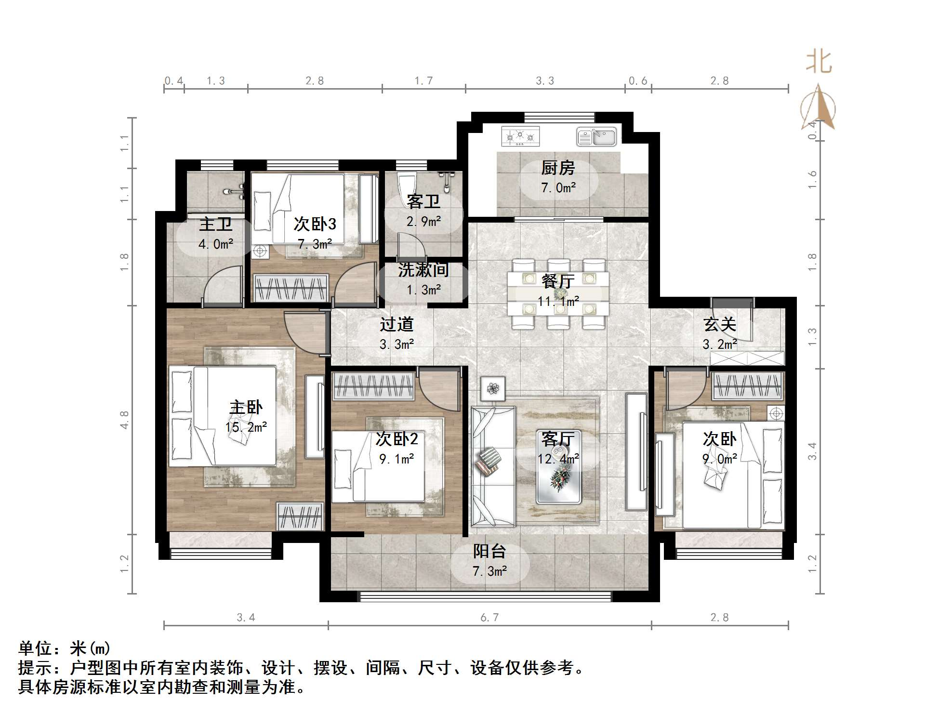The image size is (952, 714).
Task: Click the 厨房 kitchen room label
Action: click(x=558, y=168)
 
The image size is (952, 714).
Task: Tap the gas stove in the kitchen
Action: click(x=520, y=136)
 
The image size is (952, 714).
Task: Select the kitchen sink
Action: click(x=596, y=136)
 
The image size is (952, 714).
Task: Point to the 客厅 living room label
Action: click(x=558, y=439)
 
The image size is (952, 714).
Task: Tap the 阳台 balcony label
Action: click(x=489, y=551)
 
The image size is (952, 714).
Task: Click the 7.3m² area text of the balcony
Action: click(x=489, y=571)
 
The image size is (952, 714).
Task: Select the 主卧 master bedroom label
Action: click(x=246, y=408)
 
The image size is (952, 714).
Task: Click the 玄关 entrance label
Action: click(x=720, y=324)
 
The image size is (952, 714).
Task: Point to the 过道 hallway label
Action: click(x=397, y=324)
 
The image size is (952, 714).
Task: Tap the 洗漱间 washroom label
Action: click(x=423, y=270)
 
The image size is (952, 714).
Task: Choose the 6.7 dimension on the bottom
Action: click(x=489, y=618)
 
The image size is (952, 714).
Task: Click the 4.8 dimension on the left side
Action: click(x=124, y=420)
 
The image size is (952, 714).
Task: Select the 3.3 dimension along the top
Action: click(x=545, y=81)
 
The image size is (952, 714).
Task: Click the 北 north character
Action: click(x=819, y=63)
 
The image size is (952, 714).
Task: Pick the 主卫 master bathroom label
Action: click(x=216, y=224)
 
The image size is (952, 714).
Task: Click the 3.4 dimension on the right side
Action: click(x=812, y=451)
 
